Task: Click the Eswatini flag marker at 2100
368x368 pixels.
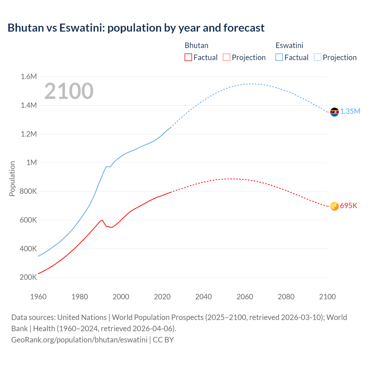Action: pos(334,112)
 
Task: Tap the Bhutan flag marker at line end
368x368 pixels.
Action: pos(334,206)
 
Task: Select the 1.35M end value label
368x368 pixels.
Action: pos(350,112)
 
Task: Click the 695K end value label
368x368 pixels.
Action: pos(348,206)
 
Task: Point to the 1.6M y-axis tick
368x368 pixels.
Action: pos(29,77)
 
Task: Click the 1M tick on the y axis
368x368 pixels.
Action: pos(32,163)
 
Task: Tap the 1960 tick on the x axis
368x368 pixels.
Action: pos(38,297)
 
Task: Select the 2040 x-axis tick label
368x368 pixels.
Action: pos(204,297)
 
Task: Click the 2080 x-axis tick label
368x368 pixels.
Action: pos(286,297)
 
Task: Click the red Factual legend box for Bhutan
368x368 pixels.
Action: pos(188,57)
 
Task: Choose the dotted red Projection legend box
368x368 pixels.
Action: pos(227,57)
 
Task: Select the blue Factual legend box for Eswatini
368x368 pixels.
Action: pos(279,57)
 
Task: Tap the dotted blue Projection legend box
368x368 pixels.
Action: pos(318,57)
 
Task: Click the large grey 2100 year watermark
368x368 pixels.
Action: pos(69,91)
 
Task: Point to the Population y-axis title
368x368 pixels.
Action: pos(12,179)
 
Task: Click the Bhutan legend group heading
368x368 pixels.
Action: pos(196,45)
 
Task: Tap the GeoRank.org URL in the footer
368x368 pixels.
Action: pos(79,340)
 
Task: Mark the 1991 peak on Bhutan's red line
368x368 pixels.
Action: pos(102,220)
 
